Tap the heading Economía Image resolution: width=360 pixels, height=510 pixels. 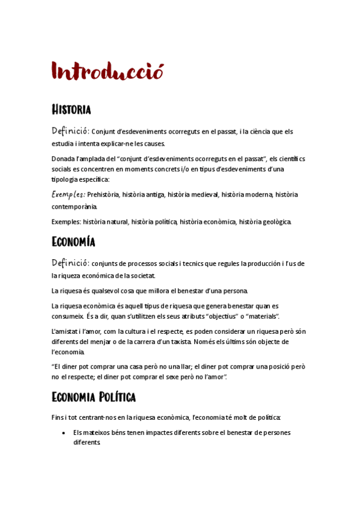click(74, 242)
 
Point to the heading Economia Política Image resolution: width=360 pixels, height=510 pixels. click(94, 397)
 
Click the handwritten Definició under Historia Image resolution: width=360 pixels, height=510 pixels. click(70, 131)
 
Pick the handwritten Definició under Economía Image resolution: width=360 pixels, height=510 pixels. click(70, 263)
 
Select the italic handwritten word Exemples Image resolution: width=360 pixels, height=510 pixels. click(68, 194)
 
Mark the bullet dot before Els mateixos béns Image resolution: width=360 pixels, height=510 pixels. click(64, 432)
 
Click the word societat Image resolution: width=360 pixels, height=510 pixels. click(141, 276)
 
